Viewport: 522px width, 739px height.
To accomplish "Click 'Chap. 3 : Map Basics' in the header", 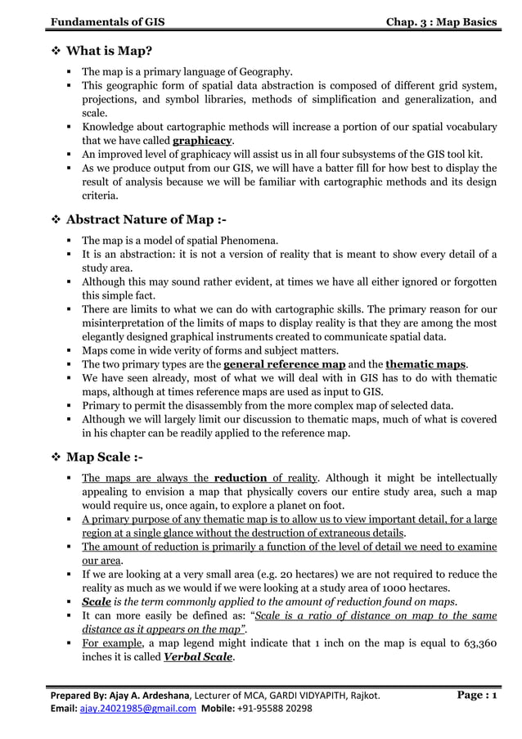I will click(x=441, y=20).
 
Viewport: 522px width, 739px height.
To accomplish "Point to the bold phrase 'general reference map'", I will click(x=284, y=363).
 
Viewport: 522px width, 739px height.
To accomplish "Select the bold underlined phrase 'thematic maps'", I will click(x=425, y=363).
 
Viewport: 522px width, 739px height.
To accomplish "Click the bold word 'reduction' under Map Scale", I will click(x=241, y=478).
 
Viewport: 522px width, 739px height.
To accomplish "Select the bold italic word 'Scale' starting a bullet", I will click(x=96, y=602).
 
